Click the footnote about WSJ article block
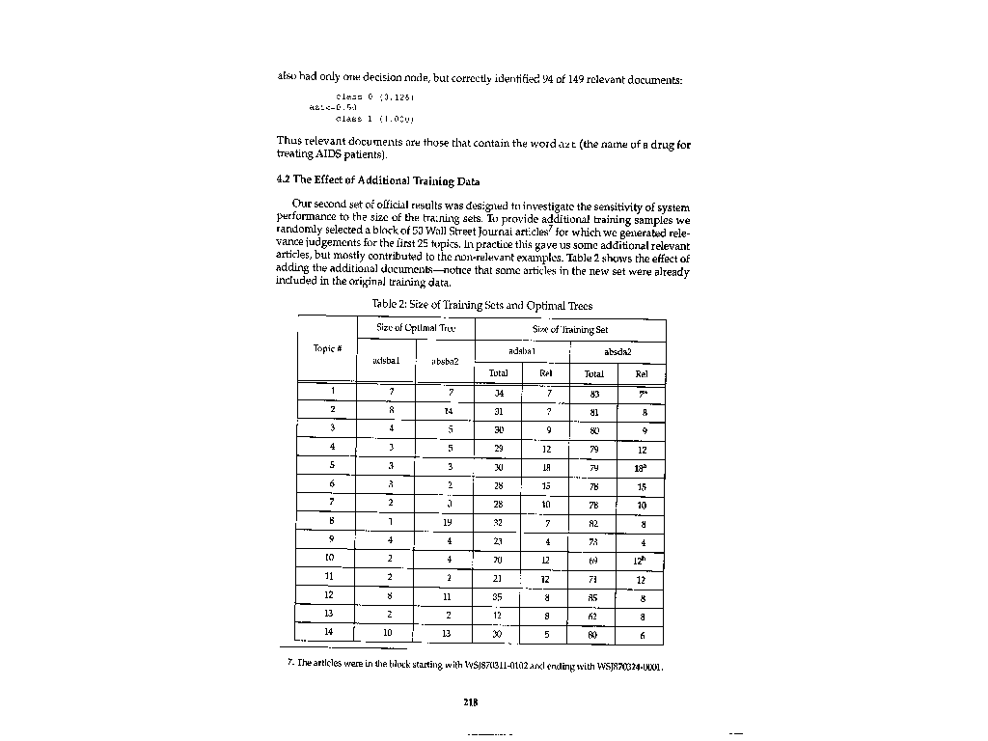click(x=478, y=663)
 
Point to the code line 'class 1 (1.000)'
click(x=363, y=120)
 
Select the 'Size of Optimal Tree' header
click(x=415, y=329)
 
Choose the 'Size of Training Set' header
click(x=569, y=329)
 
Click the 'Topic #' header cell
click(x=327, y=347)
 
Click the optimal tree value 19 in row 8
click(x=449, y=523)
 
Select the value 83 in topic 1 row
click(x=594, y=394)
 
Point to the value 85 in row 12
click(x=593, y=597)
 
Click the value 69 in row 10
click(x=593, y=561)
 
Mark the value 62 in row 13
click(x=593, y=617)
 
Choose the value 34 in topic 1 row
click(x=499, y=394)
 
